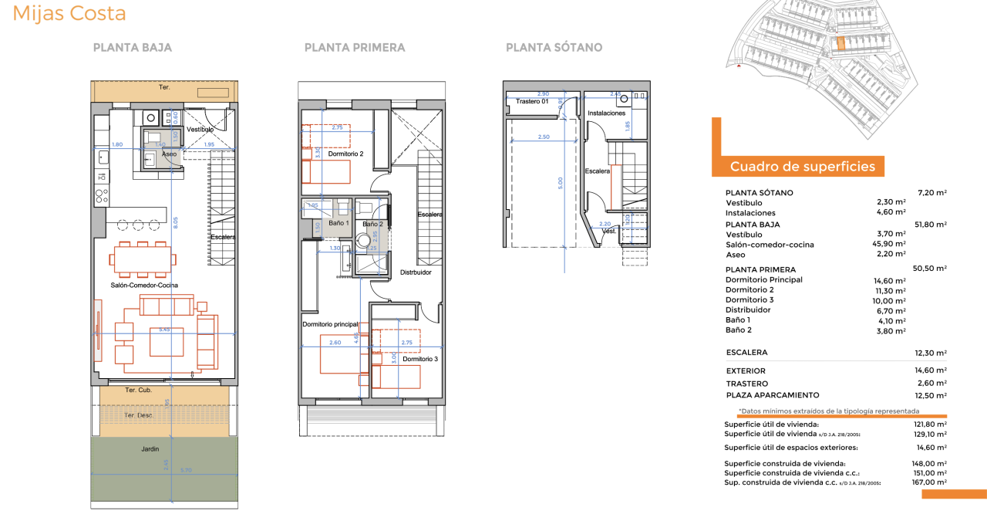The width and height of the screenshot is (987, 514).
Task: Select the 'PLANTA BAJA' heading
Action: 132,48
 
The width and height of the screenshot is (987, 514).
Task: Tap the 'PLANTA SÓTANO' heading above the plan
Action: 554,48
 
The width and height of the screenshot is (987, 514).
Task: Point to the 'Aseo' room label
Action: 169,154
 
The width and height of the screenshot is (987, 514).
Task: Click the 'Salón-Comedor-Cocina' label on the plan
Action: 145,286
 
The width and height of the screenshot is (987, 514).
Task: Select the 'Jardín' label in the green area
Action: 150,448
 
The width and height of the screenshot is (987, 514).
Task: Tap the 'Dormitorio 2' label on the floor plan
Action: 345,154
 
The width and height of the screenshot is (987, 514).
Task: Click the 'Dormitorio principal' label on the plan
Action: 330,324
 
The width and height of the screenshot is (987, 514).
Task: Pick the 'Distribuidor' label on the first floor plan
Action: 416,272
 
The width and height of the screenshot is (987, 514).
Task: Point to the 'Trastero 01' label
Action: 532,101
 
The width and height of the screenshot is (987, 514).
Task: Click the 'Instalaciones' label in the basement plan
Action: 606,113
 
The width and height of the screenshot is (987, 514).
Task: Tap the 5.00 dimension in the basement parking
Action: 561,183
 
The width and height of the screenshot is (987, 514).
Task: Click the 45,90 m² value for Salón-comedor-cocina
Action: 891,245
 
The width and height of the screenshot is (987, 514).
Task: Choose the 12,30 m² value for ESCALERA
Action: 930,353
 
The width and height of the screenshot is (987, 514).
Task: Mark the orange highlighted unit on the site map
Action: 840,44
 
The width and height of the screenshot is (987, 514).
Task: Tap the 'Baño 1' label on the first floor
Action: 339,223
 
